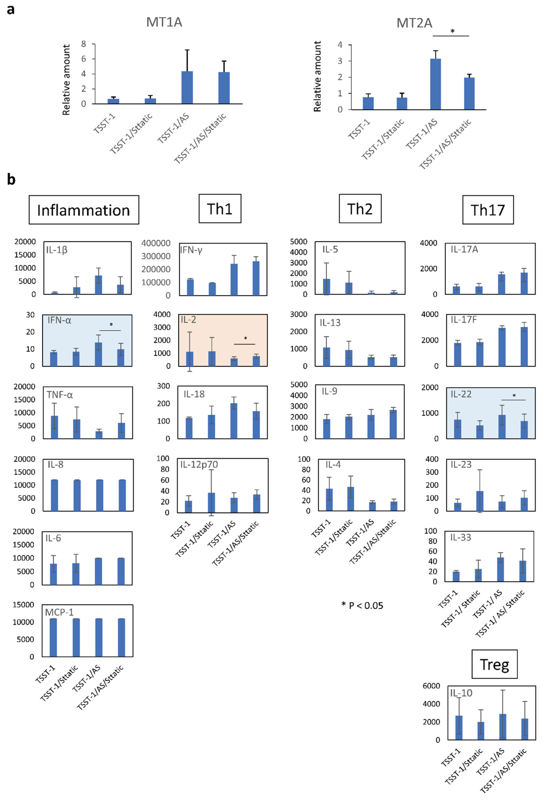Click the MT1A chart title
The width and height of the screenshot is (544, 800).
(x=164, y=22)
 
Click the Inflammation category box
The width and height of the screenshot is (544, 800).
(x=84, y=210)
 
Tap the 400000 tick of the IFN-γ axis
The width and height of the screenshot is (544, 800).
(x=156, y=243)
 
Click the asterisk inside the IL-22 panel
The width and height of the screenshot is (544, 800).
(x=514, y=396)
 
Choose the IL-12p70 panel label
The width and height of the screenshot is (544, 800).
(x=199, y=465)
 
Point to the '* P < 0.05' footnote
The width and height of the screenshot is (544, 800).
(x=362, y=606)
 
